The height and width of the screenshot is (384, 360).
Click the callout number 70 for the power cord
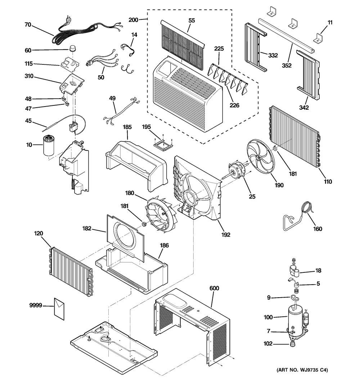28,25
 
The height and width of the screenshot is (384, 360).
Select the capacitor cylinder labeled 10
50,145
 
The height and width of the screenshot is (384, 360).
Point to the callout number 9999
36,306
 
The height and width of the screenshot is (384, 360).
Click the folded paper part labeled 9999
59,308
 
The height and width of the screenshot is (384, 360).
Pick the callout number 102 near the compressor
268,344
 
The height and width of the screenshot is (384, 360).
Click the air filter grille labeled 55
182,42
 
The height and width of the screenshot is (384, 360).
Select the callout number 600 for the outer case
214,288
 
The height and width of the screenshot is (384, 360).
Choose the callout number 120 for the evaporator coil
39,233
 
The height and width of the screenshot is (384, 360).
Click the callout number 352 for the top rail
287,65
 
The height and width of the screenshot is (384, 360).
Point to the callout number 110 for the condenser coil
327,181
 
